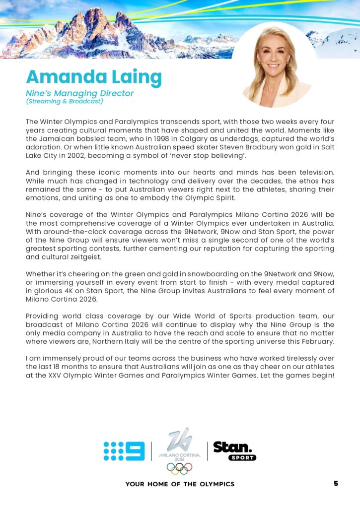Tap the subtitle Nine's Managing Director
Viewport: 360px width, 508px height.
click(79, 93)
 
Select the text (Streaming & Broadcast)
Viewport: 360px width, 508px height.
click(64, 101)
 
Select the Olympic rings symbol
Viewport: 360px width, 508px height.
click(179, 467)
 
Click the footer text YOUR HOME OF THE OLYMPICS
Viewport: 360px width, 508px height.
click(180, 484)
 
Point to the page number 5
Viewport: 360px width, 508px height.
click(336, 483)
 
